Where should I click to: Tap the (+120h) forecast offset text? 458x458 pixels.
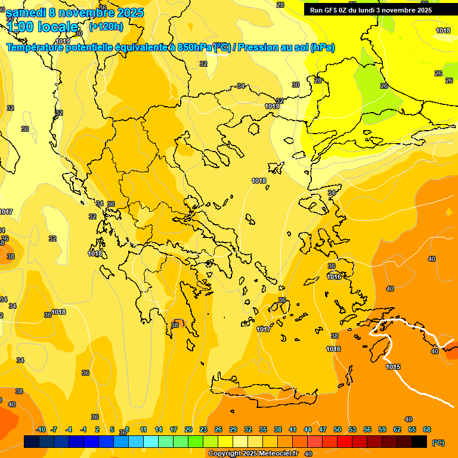point(106,26)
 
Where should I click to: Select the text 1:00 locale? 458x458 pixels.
point(42,27)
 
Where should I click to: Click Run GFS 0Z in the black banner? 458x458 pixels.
point(331,10)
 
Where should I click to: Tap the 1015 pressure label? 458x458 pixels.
point(393,367)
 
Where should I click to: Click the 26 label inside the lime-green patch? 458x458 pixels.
point(384,86)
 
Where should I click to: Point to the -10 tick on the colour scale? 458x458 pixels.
point(41,429)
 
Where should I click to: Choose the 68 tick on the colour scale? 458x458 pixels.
point(427,429)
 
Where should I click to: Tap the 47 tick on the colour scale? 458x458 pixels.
point(323,429)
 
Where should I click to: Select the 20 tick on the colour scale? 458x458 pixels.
point(188,429)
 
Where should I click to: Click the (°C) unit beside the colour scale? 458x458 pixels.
point(438,442)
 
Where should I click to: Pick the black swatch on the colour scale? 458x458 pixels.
point(419,441)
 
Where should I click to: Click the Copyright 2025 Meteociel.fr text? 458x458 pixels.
point(253,453)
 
